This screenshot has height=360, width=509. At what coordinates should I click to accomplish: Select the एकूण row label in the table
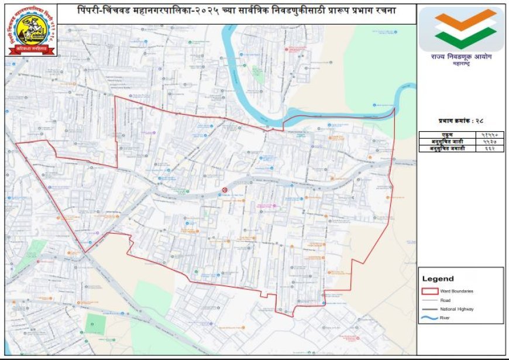coord(447,135)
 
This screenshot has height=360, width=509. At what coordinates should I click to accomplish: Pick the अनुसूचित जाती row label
coord(447,142)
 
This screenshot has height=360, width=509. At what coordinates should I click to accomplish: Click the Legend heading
coord(438,279)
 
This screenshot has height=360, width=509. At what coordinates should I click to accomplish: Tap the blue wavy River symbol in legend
coord(430,318)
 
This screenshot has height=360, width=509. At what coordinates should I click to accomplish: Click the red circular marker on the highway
coord(225,189)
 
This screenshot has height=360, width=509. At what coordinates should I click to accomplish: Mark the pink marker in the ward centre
coord(274,205)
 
